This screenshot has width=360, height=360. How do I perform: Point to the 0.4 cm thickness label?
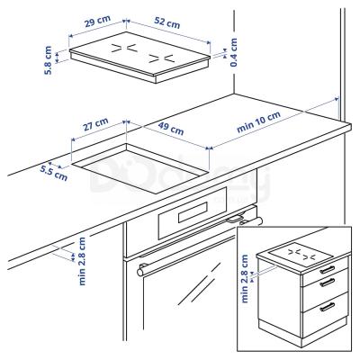[232, 53]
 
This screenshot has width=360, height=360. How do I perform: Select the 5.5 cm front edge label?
[54, 171]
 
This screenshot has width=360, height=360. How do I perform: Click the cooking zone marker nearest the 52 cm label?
[162, 56]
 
